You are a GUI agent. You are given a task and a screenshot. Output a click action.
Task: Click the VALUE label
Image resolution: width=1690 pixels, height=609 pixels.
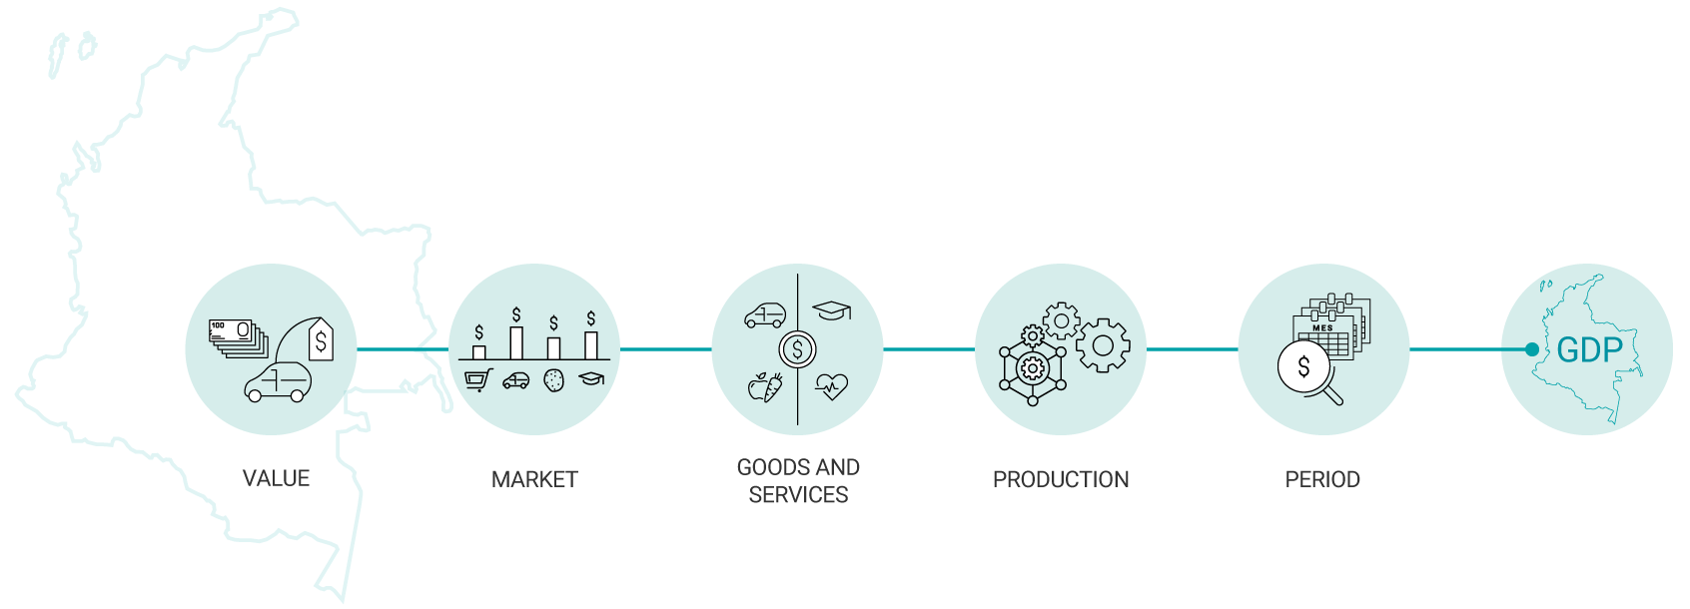tap(276, 478)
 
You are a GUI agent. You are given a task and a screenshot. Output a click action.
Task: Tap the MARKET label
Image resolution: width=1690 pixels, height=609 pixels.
tap(534, 479)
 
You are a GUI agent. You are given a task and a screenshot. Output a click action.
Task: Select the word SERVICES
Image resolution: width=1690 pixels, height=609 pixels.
tap(798, 494)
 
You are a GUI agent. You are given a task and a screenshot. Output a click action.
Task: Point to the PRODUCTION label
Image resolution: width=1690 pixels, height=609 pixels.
tap(1061, 479)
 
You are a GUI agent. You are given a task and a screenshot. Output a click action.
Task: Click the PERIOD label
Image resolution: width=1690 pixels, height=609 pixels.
tap(1322, 479)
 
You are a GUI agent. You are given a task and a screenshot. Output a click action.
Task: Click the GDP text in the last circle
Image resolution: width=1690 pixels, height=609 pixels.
tap(1589, 350)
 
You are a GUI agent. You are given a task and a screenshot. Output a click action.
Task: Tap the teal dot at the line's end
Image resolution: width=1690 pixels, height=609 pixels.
tap(1532, 349)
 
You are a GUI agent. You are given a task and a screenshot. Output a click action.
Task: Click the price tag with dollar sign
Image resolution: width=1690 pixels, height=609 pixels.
tap(321, 339)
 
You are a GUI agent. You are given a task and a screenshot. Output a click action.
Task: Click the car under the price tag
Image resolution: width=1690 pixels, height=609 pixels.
tap(278, 382)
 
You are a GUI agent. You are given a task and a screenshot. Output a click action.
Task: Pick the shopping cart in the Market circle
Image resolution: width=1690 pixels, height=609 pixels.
tap(478, 379)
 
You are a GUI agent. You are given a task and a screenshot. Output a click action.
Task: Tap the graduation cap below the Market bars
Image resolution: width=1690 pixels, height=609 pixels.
tap(591, 379)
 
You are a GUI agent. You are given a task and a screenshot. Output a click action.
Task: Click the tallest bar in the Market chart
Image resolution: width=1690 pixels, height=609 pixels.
tap(516, 341)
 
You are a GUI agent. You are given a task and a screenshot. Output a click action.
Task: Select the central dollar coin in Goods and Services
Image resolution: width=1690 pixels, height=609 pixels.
tap(797, 349)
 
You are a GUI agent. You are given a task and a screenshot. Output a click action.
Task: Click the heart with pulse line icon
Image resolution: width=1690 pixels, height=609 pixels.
tap(831, 385)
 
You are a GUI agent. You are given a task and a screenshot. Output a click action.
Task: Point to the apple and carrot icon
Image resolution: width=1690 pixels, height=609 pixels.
tap(765, 386)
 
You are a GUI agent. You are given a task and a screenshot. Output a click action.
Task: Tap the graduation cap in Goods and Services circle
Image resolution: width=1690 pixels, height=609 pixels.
tap(832, 310)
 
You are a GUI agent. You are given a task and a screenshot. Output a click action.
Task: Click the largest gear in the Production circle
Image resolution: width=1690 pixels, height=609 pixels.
tap(1103, 345)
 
